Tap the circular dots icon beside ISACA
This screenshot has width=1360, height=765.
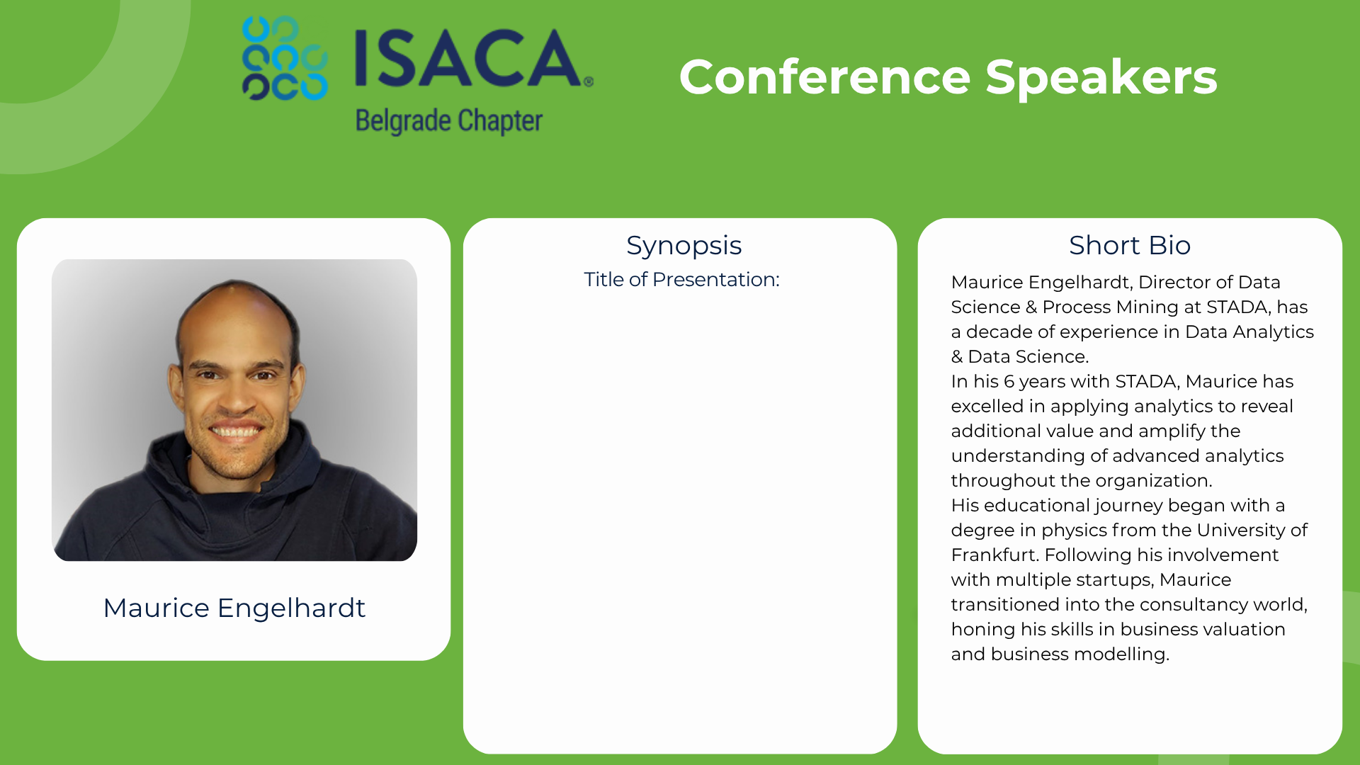pyautogui.click(x=285, y=58)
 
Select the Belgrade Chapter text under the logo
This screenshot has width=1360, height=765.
pyautogui.click(x=449, y=121)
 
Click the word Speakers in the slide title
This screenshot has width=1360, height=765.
pyautogui.click(x=1101, y=78)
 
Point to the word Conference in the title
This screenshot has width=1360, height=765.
pyautogui.click(x=825, y=77)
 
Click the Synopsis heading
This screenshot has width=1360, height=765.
pyautogui.click(x=684, y=246)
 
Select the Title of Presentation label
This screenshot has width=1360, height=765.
pyautogui.click(x=681, y=279)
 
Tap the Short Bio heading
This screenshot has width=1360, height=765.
pyautogui.click(x=1130, y=245)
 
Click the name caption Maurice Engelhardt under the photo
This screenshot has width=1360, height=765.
pyautogui.click(x=234, y=608)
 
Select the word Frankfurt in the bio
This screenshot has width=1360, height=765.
pyautogui.click(x=994, y=555)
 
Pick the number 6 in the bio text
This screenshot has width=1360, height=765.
pyautogui.click(x=1009, y=381)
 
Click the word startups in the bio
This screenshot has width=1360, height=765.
pyautogui.click(x=1115, y=580)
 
